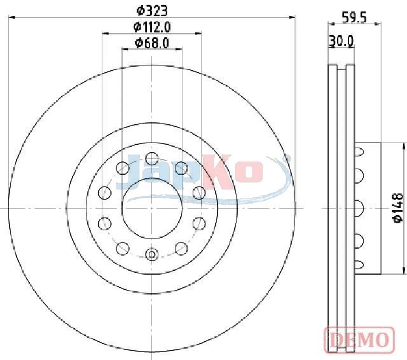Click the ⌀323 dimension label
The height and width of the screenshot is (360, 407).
point(152,11)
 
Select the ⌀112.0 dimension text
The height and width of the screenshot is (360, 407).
point(152,27)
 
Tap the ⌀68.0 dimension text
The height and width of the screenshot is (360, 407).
point(152,43)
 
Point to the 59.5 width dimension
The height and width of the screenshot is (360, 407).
point(354,18)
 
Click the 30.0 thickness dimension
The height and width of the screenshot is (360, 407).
point(341,41)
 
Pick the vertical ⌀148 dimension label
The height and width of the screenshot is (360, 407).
point(398,207)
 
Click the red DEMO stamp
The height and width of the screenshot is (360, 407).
point(359,340)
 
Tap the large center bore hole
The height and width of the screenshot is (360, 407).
point(152,209)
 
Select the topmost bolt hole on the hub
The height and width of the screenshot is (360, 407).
point(152,159)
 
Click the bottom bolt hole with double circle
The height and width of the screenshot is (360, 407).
point(152,254)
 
